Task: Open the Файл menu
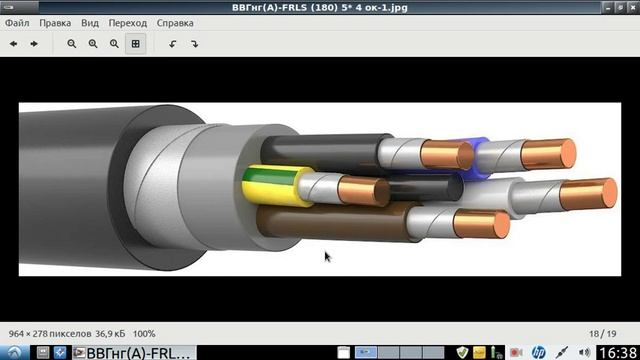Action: [17, 23]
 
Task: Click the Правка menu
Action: [55, 23]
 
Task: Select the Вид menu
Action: [90, 23]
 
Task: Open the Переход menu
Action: [127, 23]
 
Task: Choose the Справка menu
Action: [175, 23]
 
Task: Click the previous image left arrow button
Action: [13, 44]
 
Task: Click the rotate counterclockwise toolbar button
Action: [173, 44]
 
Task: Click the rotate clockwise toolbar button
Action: [194, 44]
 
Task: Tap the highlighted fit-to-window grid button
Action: [136, 44]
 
